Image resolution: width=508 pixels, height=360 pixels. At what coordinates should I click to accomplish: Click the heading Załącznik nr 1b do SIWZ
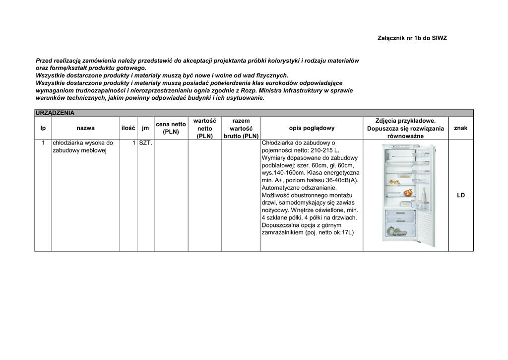point(412,38)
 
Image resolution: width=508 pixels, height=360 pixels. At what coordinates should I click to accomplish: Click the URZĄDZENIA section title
point(55,113)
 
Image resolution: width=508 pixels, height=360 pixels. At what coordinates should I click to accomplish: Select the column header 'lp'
point(43,128)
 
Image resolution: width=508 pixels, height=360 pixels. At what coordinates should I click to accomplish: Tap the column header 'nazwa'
point(86,128)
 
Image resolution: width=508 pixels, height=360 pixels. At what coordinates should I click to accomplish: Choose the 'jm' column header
point(145,128)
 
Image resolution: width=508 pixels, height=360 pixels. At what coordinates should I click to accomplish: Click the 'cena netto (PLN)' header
point(171,128)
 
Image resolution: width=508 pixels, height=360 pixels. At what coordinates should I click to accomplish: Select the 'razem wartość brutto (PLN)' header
point(241,128)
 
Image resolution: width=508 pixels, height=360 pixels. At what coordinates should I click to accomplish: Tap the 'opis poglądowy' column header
point(312,128)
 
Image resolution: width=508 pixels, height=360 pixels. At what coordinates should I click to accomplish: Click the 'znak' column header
point(460,128)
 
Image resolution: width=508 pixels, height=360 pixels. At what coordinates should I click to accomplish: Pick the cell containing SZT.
point(146,143)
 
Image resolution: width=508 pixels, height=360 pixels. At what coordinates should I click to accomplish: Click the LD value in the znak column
point(461,196)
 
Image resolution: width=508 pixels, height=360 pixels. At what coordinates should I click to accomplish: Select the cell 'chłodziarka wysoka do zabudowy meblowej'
point(83,147)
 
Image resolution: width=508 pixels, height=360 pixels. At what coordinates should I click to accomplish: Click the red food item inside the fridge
point(408,192)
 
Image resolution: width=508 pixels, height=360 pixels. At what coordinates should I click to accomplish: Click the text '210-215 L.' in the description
point(323,150)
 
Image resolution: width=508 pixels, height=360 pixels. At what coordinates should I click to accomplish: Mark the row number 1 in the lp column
point(43,143)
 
